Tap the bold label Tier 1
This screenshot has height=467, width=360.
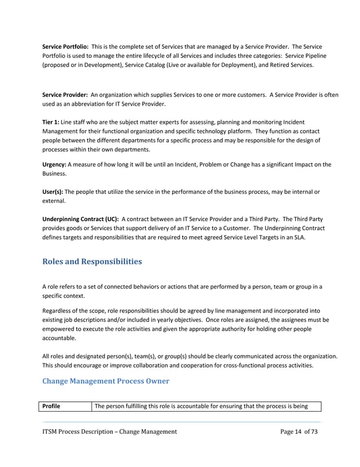coord(51,122)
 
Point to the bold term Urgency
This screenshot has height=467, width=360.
coord(55,165)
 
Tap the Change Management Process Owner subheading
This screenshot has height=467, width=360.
coord(106,380)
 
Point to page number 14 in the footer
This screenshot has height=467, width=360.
coord(298,431)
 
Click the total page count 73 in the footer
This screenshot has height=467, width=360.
coord(314,431)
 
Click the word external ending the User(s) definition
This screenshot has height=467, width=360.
coord(54,201)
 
